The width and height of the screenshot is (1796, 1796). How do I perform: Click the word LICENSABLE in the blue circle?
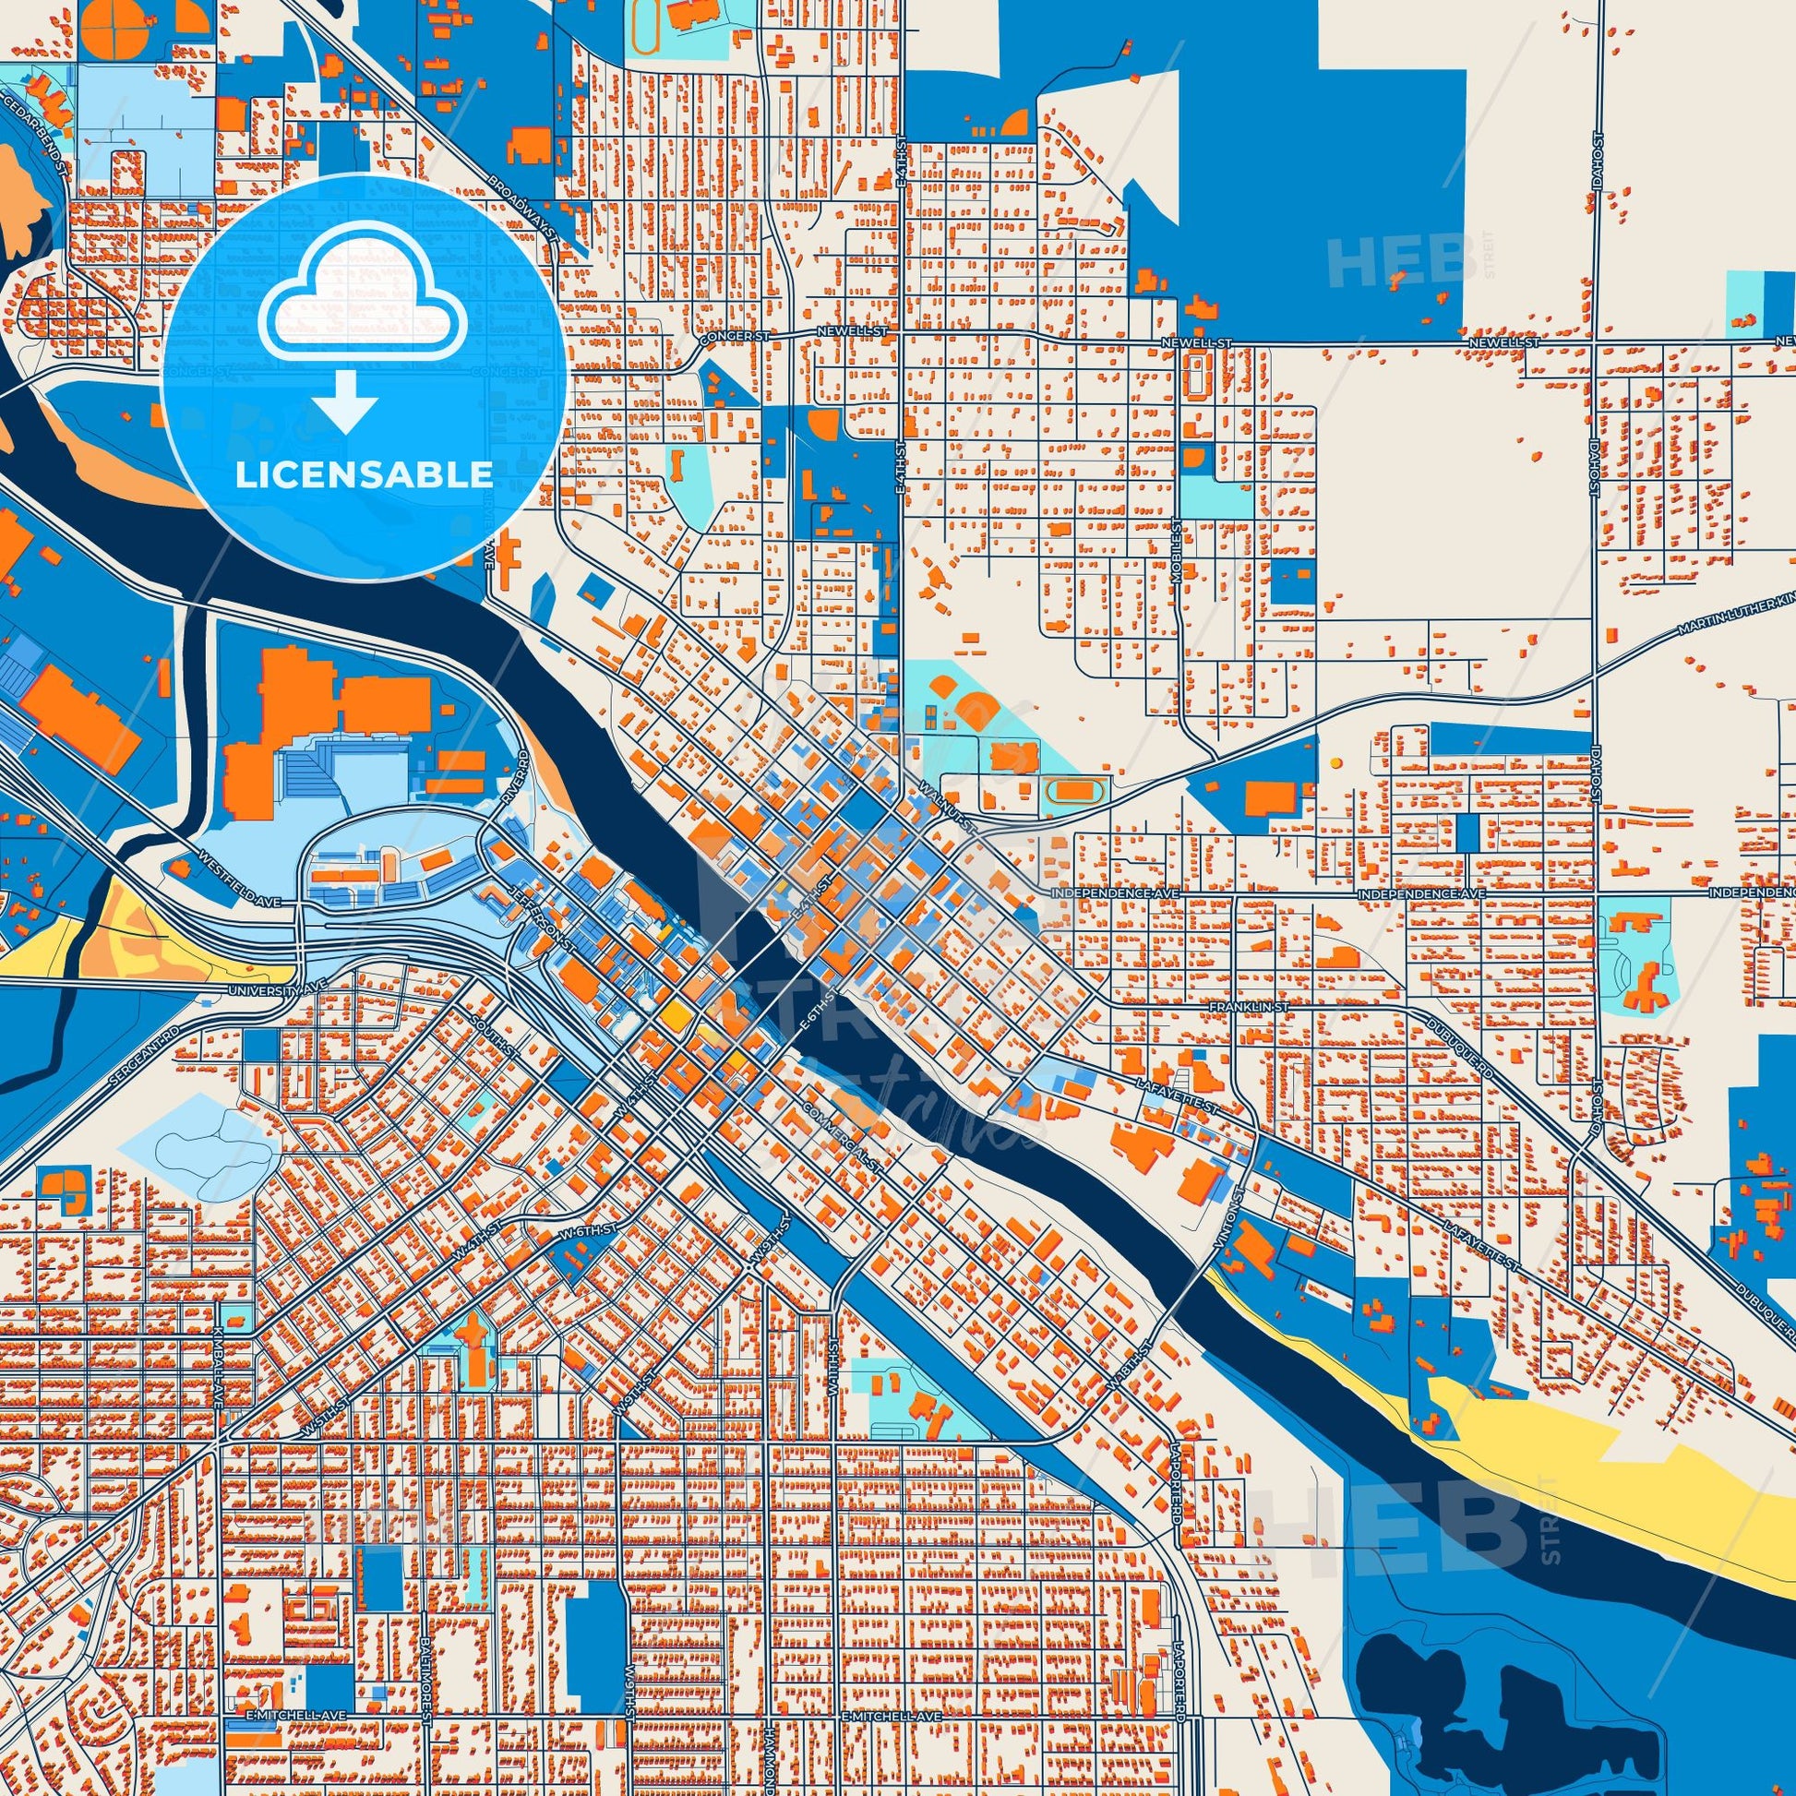pyautogui.click(x=364, y=475)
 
